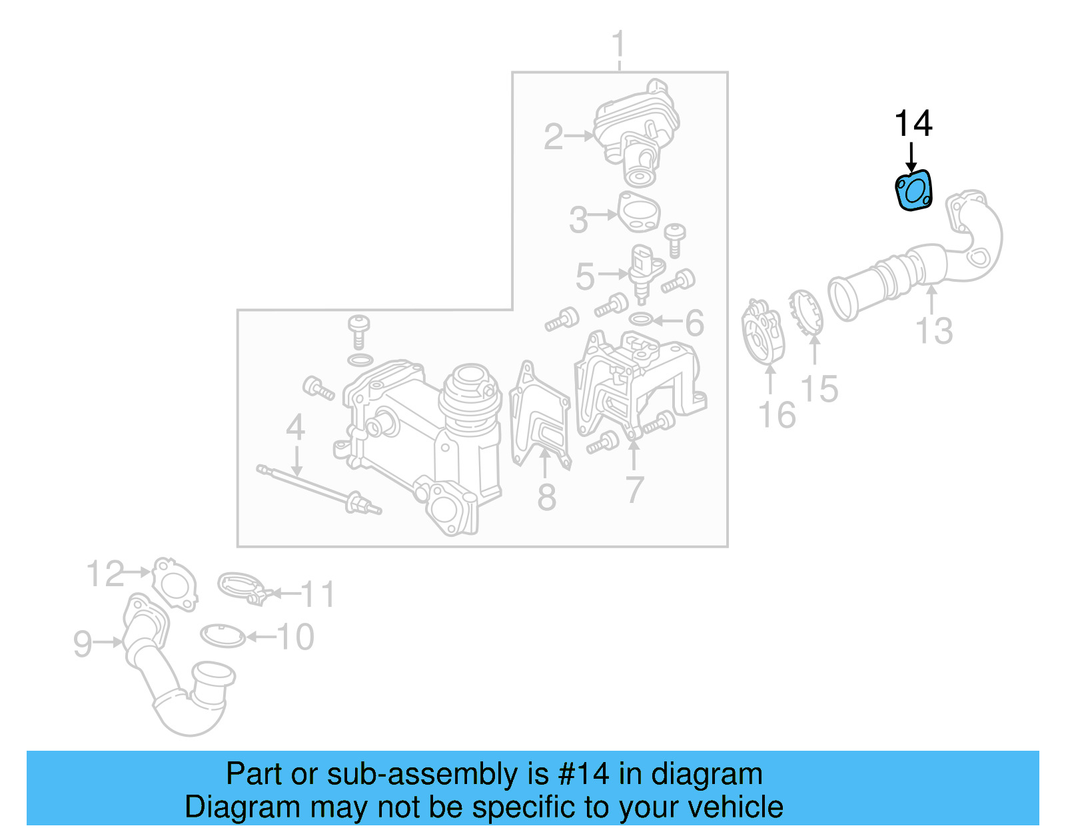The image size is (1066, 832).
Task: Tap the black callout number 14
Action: (x=913, y=124)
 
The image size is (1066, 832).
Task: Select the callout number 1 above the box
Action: (x=619, y=45)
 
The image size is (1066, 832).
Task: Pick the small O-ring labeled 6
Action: (x=640, y=320)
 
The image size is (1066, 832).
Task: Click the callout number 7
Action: (x=634, y=490)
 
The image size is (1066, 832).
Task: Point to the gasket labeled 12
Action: (x=175, y=584)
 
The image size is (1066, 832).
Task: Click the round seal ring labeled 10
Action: (x=223, y=636)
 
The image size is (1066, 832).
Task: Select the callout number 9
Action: (x=82, y=643)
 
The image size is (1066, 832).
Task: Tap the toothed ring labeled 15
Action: (x=805, y=313)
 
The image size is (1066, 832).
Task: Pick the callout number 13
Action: (x=934, y=330)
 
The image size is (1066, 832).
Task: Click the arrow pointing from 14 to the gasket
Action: (x=911, y=157)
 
